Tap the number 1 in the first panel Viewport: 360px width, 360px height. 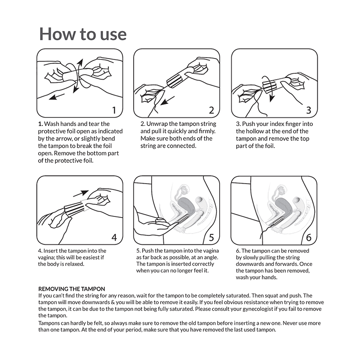pos(114,110)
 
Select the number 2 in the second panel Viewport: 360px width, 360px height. pos(211,110)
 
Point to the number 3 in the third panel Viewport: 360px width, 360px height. pos(308,110)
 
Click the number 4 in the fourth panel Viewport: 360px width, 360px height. pos(114,237)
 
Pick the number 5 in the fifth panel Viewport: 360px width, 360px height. pos(211,237)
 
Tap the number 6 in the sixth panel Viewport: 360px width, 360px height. pos(308,237)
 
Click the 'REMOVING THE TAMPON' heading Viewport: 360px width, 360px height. pos(72,288)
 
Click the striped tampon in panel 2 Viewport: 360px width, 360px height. pos(175,81)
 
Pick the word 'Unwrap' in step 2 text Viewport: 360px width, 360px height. pos(157,124)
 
